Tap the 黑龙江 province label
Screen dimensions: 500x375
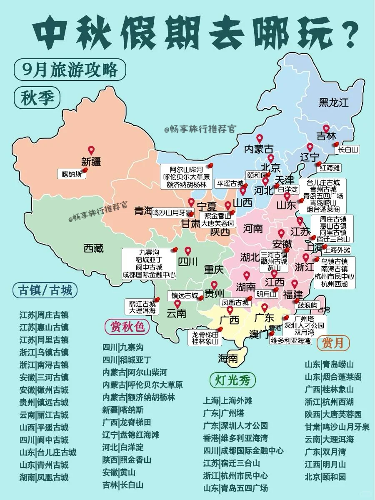[333, 102]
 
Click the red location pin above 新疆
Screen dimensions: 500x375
[91, 150]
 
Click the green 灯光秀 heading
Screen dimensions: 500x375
[232, 380]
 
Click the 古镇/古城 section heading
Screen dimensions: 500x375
[45, 290]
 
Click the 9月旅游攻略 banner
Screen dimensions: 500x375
[70, 70]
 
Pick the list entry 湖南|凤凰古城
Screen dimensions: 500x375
[44, 477]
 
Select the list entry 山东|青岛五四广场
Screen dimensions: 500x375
[235, 488]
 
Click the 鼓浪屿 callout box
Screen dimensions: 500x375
[307, 305]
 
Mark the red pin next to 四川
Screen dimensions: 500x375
[188, 251]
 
